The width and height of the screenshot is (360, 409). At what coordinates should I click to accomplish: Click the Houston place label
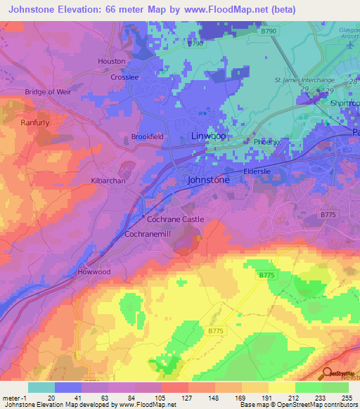click(x=111, y=61)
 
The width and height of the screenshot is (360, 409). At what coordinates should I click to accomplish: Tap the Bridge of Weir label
click(x=49, y=92)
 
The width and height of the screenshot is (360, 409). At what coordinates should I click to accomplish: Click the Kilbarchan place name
click(x=108, y=181)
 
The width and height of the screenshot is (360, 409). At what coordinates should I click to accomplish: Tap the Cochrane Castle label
click(x=175, y=219)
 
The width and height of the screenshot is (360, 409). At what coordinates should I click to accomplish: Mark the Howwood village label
click(x=94, y=271)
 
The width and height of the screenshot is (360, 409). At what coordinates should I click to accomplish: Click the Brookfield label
click(x=148, y=137)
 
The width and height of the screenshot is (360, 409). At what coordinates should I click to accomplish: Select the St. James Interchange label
click(x=304, y=81)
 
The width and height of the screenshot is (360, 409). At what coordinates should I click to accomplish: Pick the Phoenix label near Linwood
click(x=266, y=141)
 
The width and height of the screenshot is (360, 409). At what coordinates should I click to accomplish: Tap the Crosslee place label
click(x=124, y=77)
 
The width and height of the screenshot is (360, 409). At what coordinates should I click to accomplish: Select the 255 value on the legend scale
click(x=346, y=397)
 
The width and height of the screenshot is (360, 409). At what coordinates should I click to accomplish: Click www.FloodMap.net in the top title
click(x=227, y=9)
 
